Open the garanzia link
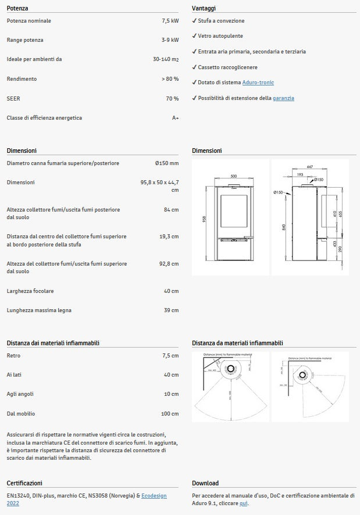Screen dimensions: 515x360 (283, 98)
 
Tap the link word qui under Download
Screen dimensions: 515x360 (244, 503)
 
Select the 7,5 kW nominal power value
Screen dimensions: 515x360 (170, 21)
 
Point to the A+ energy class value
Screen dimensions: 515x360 (175, 118)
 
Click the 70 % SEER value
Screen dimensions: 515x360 (172, 99)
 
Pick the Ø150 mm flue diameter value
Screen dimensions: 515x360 (167, 163)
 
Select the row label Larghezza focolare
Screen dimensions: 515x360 (30, 291)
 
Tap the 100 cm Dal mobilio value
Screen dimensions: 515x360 (169, 414)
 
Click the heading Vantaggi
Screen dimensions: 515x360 (204, 9)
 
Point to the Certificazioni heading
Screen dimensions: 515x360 (24, 483)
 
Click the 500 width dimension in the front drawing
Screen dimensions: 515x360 (234, 176)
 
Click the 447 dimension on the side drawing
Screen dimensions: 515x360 (309, 167)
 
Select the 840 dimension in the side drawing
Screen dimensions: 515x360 (284, 227)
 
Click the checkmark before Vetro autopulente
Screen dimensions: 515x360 (194, 36)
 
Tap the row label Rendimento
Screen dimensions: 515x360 (22, 79)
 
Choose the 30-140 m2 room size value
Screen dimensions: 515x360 (166, 59)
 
